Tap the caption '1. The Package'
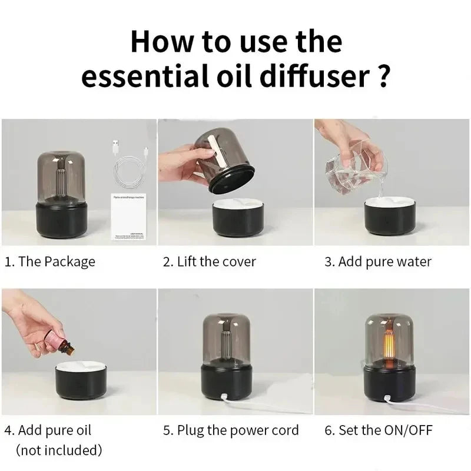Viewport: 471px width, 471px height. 49,261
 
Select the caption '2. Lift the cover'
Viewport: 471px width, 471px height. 209,261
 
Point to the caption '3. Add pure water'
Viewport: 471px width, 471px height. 377,261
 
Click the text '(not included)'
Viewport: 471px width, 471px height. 59,451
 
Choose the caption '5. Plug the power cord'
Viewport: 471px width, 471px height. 230,430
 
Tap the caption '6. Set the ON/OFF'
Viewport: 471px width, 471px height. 378,430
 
